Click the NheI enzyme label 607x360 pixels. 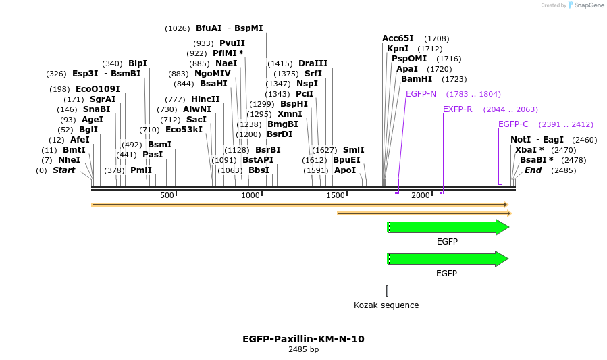69,160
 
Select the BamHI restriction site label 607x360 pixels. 417,79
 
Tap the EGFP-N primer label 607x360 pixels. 421,94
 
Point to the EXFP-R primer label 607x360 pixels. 458,109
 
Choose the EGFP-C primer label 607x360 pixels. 513,124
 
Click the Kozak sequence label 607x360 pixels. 386,305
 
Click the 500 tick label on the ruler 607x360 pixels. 167,195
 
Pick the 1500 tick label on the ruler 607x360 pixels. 336,195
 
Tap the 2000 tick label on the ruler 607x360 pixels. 421,195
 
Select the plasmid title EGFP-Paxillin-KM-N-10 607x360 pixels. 303,339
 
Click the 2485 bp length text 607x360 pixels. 303,350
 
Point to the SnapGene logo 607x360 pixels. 583,5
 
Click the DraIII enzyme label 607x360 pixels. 313,63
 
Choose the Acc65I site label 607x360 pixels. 398,38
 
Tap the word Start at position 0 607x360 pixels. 63,170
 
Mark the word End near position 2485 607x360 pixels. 533,170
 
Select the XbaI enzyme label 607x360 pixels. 529,150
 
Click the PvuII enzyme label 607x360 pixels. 232,43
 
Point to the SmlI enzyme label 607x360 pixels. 353,150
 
